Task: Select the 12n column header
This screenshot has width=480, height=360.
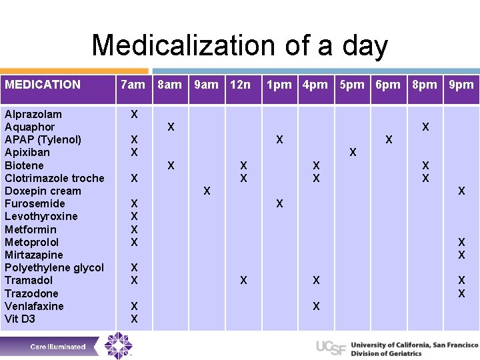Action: (240, 85)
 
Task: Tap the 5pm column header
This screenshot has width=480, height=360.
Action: (352, 85)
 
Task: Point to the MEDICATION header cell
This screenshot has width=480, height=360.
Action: (43, 85)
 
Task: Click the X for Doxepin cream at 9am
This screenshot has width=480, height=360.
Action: (207, 191)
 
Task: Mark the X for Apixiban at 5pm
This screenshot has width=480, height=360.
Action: (353, 153)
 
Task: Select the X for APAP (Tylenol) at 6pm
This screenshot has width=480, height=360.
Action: (389, 140)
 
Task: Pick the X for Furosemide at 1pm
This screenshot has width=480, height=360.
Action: (279, 203)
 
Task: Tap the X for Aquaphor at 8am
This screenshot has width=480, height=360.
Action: (171, 127)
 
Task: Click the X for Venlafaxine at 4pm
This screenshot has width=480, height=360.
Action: (316, 307)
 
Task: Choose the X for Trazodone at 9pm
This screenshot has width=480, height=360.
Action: (461, 293)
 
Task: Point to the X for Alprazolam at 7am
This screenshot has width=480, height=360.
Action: (134, 114)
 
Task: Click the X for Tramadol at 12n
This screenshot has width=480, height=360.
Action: (243, 281)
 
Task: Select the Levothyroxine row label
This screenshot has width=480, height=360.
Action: (41, 217)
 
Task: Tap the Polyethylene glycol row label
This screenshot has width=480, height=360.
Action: (54, 268)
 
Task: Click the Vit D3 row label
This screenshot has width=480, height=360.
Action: (20, 319)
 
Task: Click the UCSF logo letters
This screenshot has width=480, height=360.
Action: (331, 347)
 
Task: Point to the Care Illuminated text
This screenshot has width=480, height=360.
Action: (58, 347)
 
